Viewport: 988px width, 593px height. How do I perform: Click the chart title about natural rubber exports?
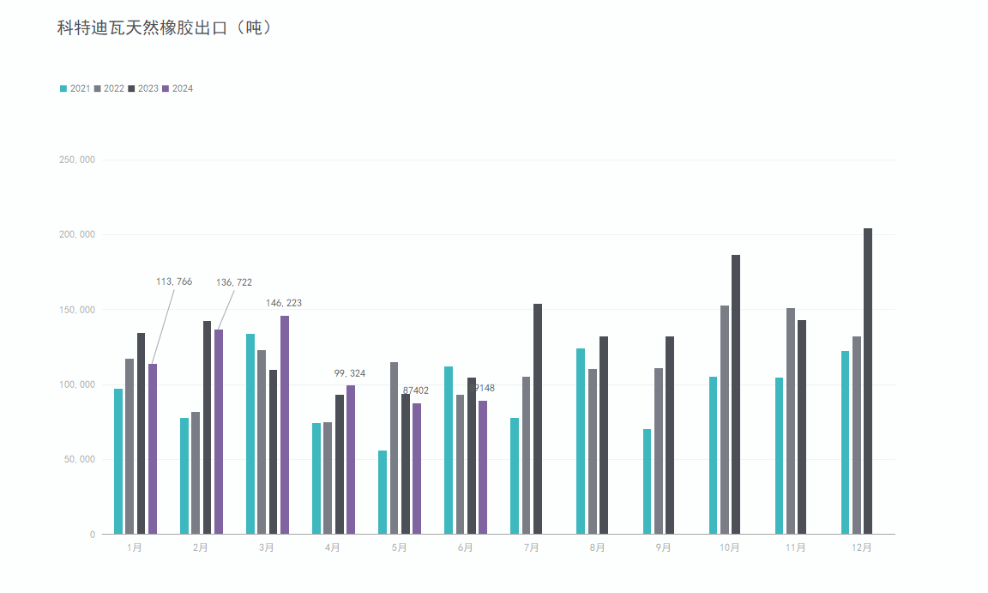click(x=165, y=28)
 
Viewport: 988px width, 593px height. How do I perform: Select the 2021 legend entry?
click(x=75, y=88)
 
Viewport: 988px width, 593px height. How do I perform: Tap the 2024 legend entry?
click(x=178, y=88)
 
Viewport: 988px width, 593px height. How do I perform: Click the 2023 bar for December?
click(x=868, y=381)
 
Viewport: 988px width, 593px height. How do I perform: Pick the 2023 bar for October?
click(x=736, y=394)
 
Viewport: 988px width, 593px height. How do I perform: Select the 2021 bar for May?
click(x=383, y=492)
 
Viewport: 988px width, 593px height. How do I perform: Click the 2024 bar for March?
click(x=285, y=425)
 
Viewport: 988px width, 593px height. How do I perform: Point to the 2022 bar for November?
click(x=791, y=421)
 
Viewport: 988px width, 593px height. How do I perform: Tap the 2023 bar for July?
click(x=538, y=419)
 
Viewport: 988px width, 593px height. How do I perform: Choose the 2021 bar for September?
click(x=648, y=481)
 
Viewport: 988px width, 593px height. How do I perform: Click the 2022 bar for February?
click(x=196, y=473)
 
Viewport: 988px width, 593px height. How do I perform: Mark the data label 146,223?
click(x=284, y=303)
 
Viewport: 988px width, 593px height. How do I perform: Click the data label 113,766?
click(x=174, y=281)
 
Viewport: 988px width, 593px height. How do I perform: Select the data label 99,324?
click(x=350, y=373)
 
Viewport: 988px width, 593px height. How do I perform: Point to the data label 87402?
click(x=416, y=390)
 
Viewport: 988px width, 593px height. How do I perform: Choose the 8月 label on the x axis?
click(x=597, y=548)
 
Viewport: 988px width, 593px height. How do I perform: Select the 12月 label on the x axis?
click(x=862, y=548)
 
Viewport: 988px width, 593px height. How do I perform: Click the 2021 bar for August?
click(x=581, y=441)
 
